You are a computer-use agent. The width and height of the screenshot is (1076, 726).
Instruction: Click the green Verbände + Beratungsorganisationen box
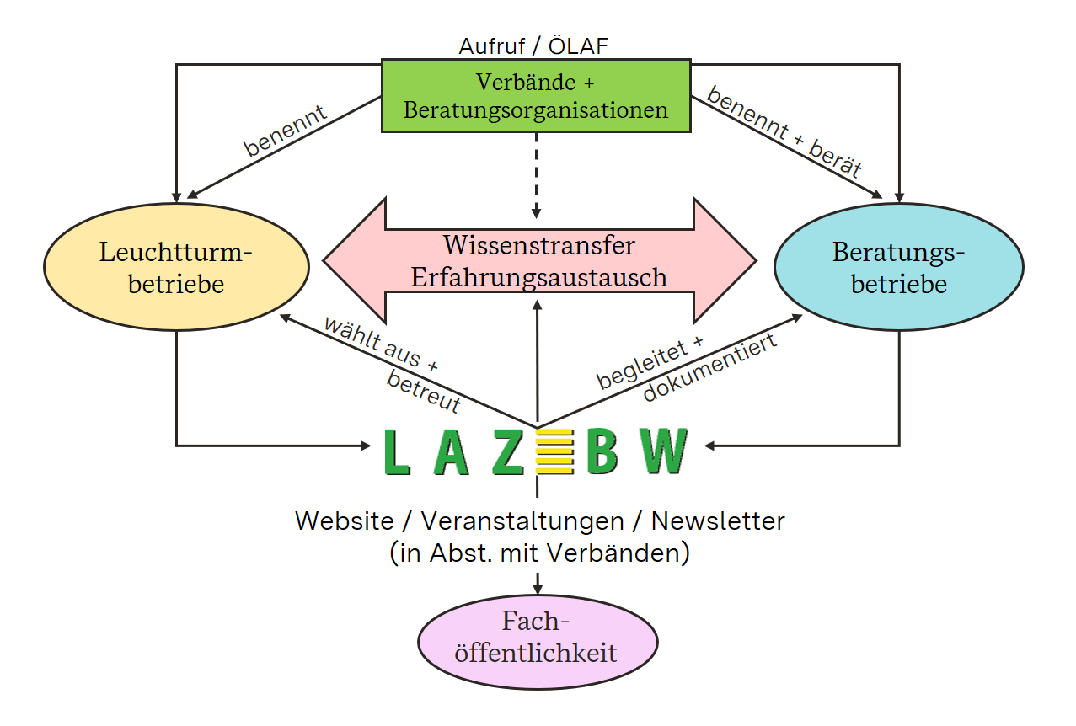coord(536,96)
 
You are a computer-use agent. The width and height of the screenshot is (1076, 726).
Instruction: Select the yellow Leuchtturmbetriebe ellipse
coord(176,267)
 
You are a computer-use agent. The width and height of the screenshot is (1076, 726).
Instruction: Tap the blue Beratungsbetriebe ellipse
coord(898,267)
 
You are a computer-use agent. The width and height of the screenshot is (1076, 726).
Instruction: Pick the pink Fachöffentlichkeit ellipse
coord(538,638)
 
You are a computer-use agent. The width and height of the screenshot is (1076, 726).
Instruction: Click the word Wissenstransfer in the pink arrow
coord(538,246)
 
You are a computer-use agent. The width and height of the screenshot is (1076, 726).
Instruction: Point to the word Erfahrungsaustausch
coord(538,277)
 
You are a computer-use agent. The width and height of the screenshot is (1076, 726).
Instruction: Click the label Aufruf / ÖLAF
coord(533,45)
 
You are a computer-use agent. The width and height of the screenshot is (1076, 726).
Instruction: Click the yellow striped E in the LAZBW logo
coord(554,451)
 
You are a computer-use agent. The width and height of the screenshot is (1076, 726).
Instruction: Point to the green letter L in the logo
coord(397,452)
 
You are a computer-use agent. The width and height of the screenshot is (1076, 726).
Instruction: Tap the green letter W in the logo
coord(664,451)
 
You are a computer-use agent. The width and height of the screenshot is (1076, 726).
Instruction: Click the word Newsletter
coord(718,521)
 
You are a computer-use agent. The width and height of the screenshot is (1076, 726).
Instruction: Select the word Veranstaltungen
coord(522,521)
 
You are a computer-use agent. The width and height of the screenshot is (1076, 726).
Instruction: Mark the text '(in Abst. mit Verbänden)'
coord(539,553)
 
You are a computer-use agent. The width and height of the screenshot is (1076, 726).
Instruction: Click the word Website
coord(344,521)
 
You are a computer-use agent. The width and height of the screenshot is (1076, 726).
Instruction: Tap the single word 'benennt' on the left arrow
coord(286,131)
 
